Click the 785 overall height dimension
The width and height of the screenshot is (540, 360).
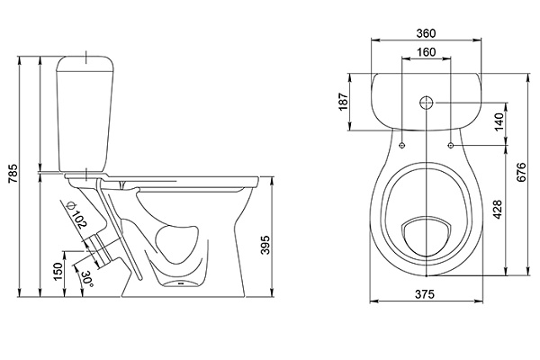point(12,178)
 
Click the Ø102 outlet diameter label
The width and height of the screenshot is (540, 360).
point(78,218)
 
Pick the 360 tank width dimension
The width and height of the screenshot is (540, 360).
point(427,33)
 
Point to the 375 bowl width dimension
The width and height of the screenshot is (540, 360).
point(427,294)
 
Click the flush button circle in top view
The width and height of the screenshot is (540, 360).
point(427,102)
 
